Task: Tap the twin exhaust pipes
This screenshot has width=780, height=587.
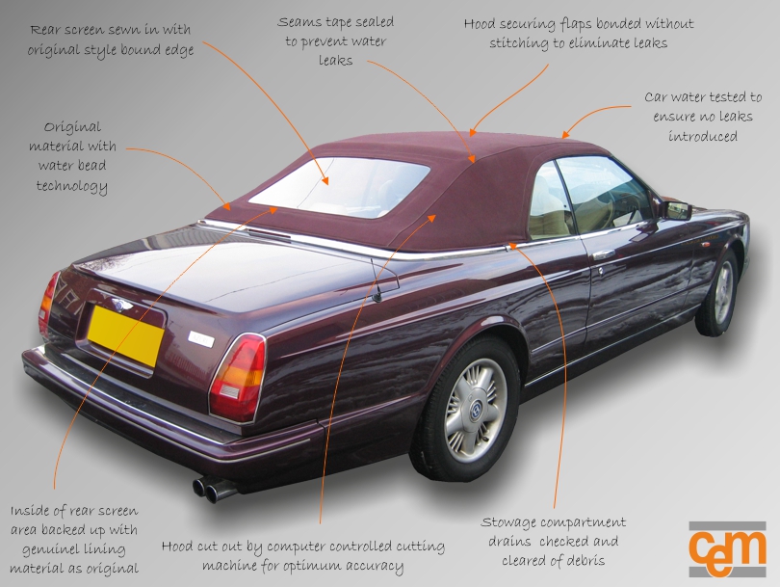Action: point(214,489)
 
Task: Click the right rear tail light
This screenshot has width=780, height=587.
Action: point(237,376)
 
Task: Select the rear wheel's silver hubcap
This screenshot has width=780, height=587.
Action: point(475,410)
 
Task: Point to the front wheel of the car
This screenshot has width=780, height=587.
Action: point(719,292)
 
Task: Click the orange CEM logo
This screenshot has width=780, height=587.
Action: point(727,547)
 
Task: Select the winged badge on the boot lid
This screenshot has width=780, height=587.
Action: point(121,304)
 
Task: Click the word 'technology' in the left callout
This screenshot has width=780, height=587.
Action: point(71,186)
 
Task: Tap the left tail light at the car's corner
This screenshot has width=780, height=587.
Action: point(48,302)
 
